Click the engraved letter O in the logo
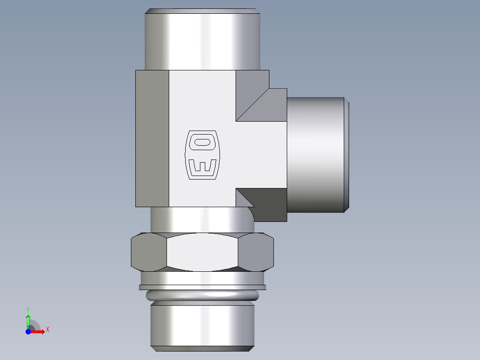(203, 142)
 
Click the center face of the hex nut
(203, 252)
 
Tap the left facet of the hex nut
(148, 252)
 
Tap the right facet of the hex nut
(256, 252)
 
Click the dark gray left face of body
(152, 139)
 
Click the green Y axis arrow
(28, 319)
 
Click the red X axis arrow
(39, 331)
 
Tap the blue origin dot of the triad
(28, 331)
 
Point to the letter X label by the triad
(47, 330)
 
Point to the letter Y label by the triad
(28, 309)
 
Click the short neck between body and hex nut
(200, 220)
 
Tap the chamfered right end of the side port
(346, 154)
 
